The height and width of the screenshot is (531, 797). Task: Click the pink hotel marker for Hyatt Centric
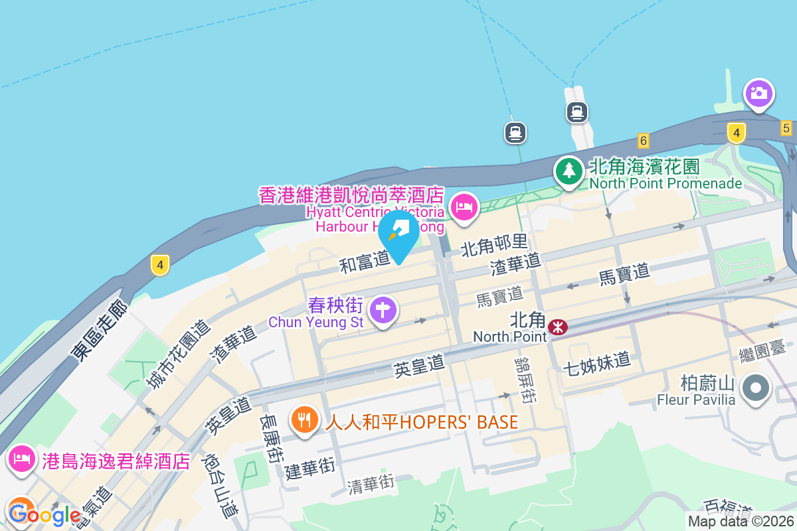click(x=464, y=207)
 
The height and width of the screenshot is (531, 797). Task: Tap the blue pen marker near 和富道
click(x=398, y=234)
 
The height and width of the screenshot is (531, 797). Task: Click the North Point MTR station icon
click(x=557, y=326)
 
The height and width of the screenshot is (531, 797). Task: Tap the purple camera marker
click(x=758, y=94)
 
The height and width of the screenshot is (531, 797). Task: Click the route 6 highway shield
click(x=642, y=140)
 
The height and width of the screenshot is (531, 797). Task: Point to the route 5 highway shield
click(x=786, y=128)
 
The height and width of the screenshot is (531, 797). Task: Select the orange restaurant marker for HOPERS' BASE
click(x=304, y=419)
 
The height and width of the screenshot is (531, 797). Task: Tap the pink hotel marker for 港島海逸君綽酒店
click(x=22, y=458)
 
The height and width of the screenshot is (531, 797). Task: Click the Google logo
click(x=45, y=514)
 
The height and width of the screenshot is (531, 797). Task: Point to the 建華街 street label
click(x=310, y=469)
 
